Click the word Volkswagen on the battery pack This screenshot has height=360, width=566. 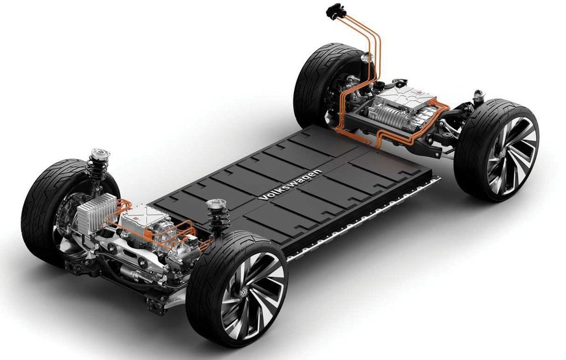[x=290, y=185]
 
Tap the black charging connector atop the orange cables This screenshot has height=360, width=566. [x=336, y=11]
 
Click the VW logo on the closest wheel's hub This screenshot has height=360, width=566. [x=243, y=291]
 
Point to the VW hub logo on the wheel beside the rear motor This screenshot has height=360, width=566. [x=503, y=153]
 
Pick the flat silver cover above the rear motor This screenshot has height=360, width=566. [x=404, y=95]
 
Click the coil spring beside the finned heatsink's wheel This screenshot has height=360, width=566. [x=97, y=168]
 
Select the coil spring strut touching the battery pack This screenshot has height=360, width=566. [x=217, y=217]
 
